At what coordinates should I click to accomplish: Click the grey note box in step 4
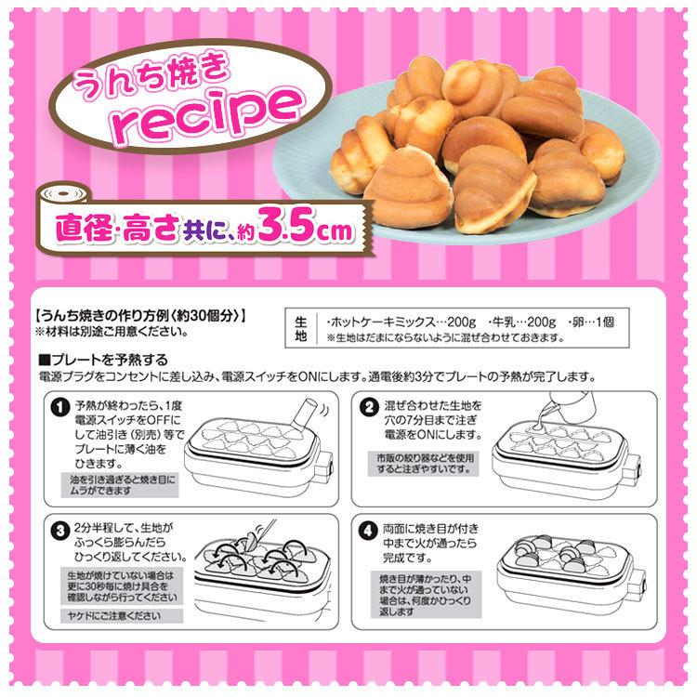tap(424, 595)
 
